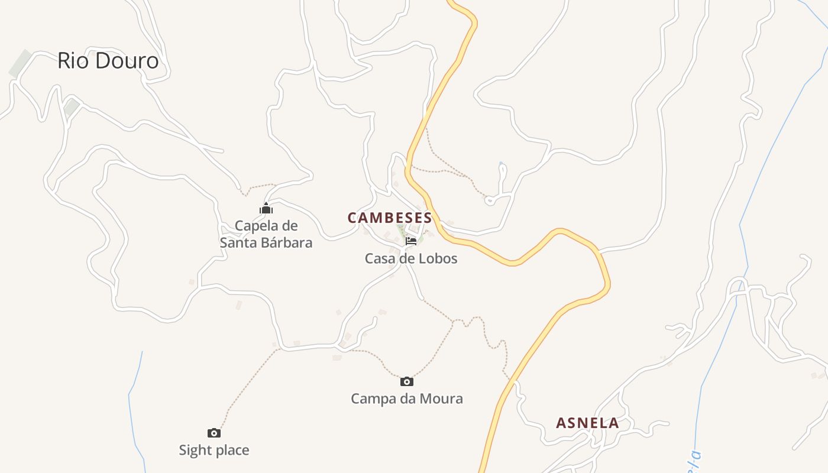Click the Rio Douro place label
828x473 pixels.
pos(108,61)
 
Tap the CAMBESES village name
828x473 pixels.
pos(390,218)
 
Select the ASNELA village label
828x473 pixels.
pos(587,423)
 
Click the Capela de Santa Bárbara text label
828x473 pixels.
pos(266,234)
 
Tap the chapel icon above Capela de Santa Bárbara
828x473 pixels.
pos(266,208)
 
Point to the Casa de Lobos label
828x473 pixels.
pos(411,258)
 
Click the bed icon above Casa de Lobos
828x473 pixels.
pos(411,241)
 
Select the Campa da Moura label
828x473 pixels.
pos(407,399)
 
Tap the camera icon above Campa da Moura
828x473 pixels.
pos(407,381)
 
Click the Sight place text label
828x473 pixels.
pos(214,451)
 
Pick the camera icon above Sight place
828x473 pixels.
pos(214,433)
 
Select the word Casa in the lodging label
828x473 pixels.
pos(379,258)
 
